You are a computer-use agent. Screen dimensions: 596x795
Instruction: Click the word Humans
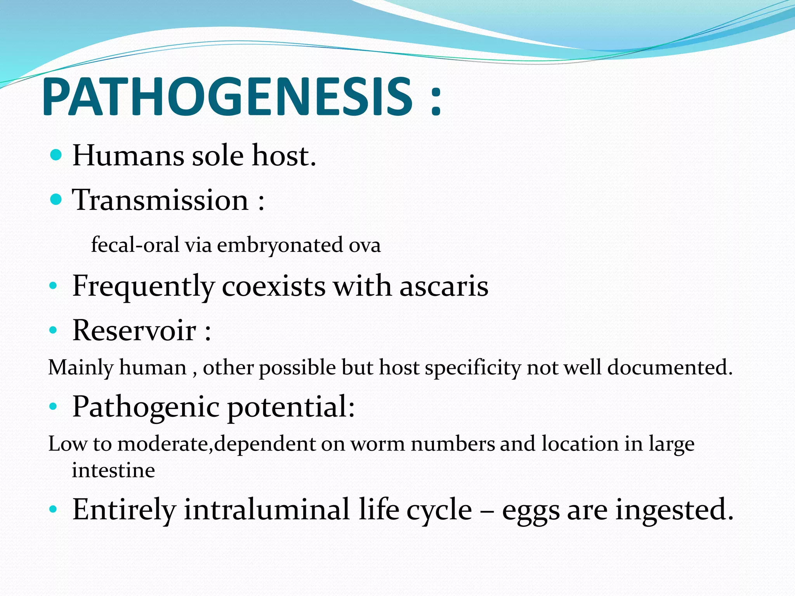(x=128, y=156)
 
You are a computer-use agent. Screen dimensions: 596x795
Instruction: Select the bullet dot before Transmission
(x=56, y=200)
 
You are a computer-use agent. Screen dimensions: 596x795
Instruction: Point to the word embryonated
(x=279, y=245)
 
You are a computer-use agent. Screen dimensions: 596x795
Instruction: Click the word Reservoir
(x=134, y=331)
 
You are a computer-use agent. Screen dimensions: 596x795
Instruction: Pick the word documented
(x=669, y=367)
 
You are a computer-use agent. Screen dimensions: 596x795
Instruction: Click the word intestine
(x=113, y=471)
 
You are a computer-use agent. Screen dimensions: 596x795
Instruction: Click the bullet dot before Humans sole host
(x=56, y=156)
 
